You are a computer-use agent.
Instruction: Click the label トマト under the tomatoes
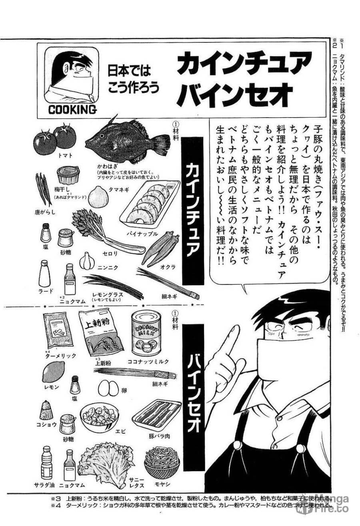[x=64, y=155]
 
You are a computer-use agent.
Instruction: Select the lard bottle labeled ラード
[x=44, y=274]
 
